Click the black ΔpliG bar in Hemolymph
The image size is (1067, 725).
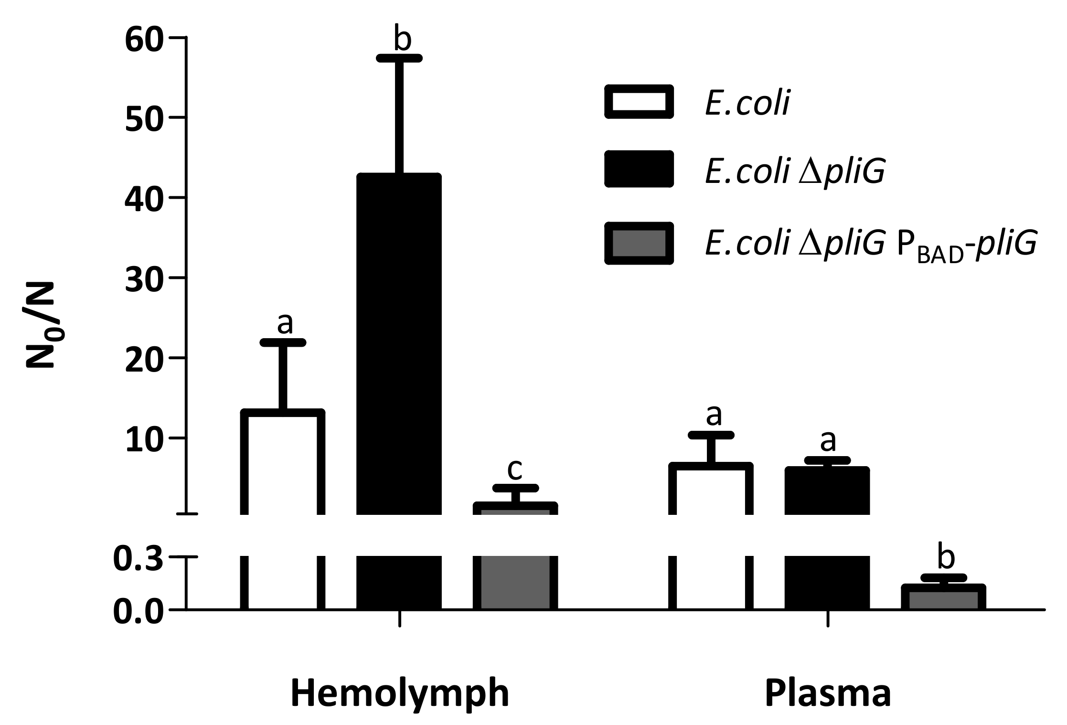399,344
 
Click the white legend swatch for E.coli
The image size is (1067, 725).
639,101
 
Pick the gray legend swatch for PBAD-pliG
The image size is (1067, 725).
639,243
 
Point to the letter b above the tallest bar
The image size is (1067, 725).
402,39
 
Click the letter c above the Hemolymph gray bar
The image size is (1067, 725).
515,469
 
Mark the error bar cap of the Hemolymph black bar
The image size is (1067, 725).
399,58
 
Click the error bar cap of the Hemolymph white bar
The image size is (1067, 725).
283,342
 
